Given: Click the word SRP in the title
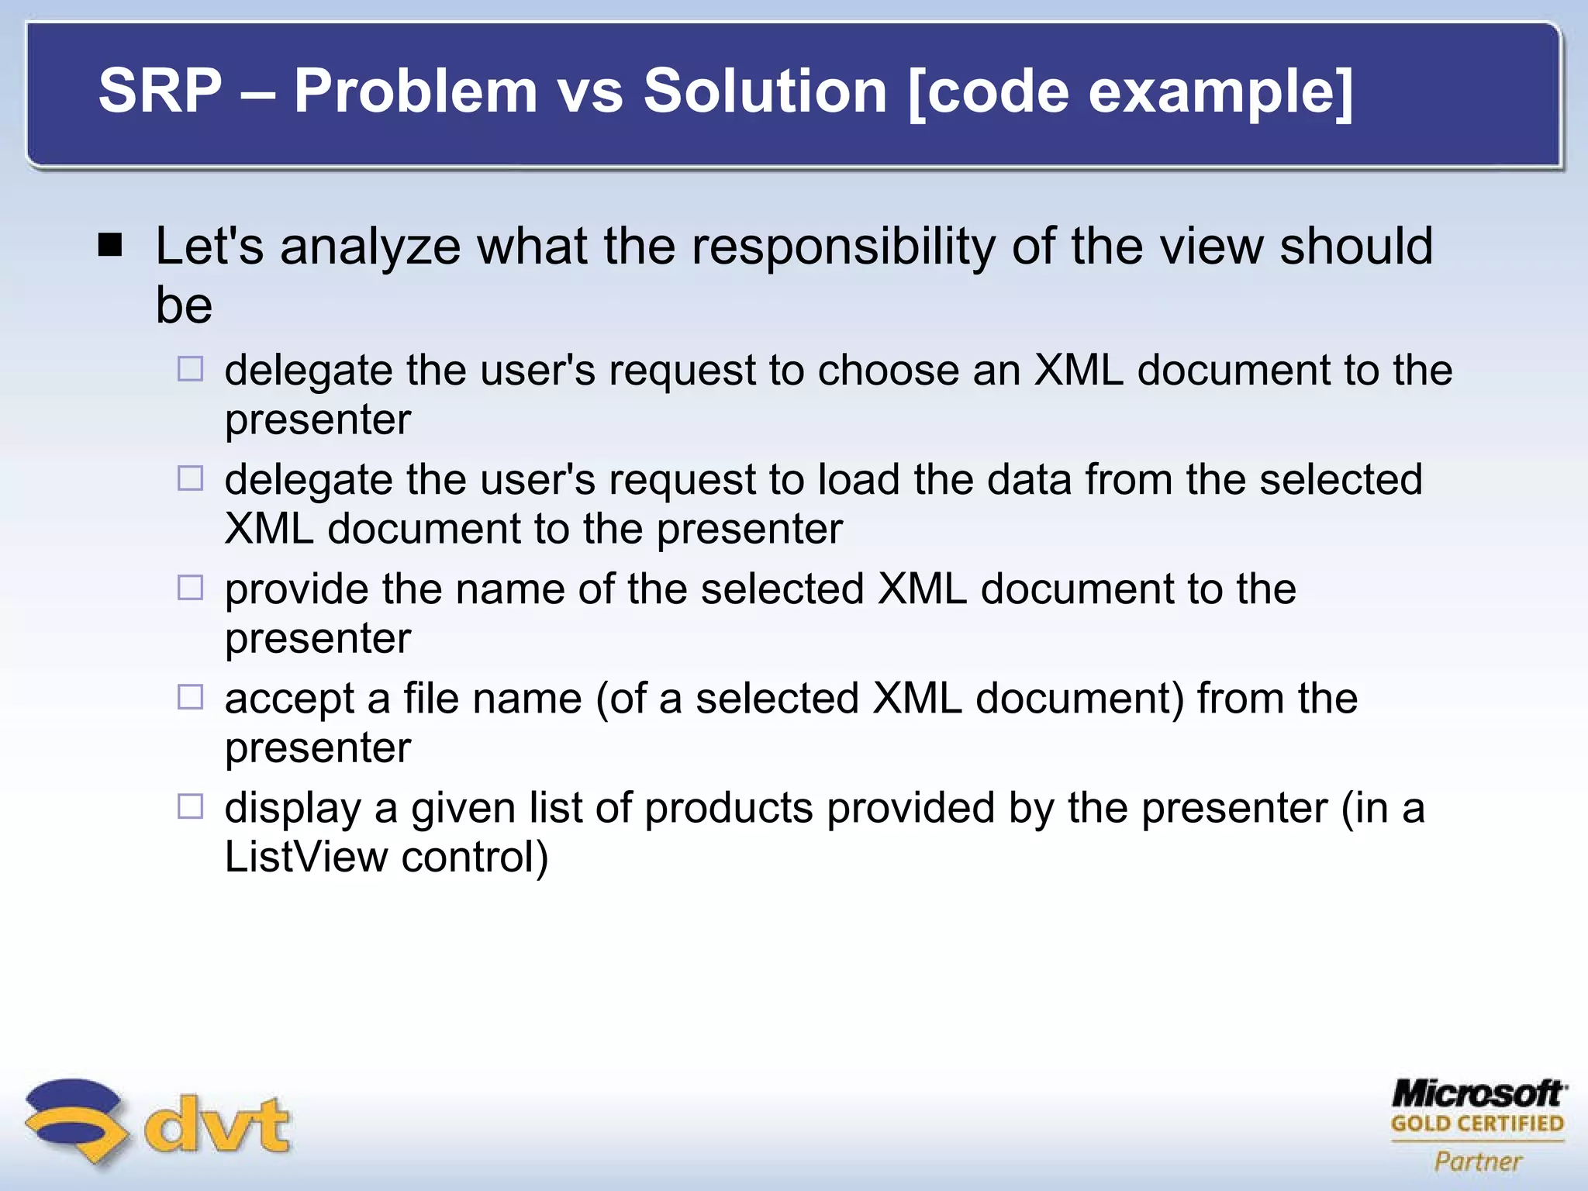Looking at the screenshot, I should pyautogui.click(x=160, y=91).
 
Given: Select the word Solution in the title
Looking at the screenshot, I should pyautogui.click(x=765, y=91).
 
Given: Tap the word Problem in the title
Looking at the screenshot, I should pyautogui.click(x=415, y=91).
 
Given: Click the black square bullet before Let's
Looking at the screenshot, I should pyautogui.click(x=111, y=246).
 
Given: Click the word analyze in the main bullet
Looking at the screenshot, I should pyautogui.click(x=370, y=248).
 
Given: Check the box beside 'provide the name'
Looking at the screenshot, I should pyautogui.click(x=190, y=588).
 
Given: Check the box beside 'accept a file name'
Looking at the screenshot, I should pyautogui.click(x=190, y=697).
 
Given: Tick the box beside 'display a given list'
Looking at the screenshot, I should pyautogui.click(x=190, y=806).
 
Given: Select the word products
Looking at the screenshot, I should pyautogui.click(x=728, y=809).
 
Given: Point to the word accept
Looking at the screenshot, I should pyautogui.click(x=289, y=699).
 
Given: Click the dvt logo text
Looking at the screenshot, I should pyautogui.click(x=217, y=1124).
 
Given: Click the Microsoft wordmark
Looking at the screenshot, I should pyautogui.click(x=1477, y=1093).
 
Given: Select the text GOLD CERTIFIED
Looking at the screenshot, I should pyautogui.click(x=1477, y=1124).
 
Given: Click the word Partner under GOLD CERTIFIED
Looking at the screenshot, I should pyautogui.click(x=1478, y=1162).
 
